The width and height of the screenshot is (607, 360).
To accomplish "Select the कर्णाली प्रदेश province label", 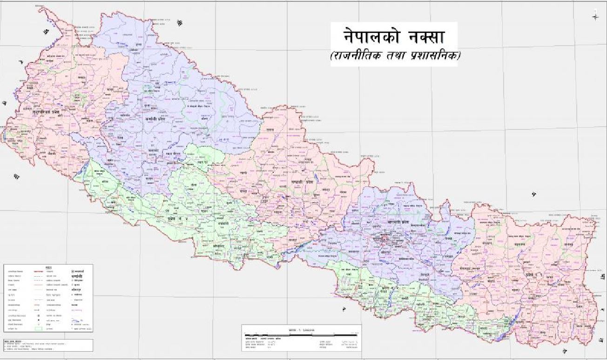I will pyautogui.click(x=155, y=119).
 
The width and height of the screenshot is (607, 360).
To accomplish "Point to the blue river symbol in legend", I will pyautogui.click(x=78, y=320).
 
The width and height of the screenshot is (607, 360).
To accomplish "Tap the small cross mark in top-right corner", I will pyautogui.click(x=595, y=17).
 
